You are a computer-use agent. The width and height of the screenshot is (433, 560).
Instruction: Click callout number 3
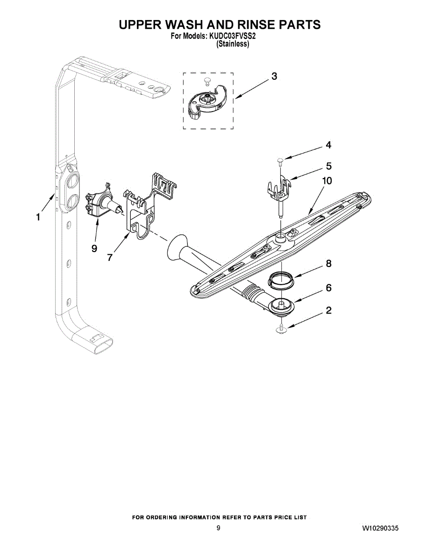pos(274,76)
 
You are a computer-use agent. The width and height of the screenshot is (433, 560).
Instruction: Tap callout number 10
pos(327,181)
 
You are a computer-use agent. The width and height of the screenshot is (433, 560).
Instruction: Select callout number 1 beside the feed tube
pos(38,217)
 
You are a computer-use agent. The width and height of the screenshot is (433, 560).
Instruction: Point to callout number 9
pos(94,248)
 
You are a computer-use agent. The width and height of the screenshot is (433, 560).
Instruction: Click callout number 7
pos(110,257)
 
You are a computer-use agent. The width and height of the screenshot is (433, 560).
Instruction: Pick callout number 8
pos(328,264)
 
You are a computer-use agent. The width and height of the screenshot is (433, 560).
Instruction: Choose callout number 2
pos(328,310)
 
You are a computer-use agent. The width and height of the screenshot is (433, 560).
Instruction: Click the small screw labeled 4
pos(280,161)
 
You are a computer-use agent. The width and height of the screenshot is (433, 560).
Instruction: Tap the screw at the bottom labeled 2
pos(282,329)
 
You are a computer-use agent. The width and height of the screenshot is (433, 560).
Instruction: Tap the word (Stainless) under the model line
pos(233,44)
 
